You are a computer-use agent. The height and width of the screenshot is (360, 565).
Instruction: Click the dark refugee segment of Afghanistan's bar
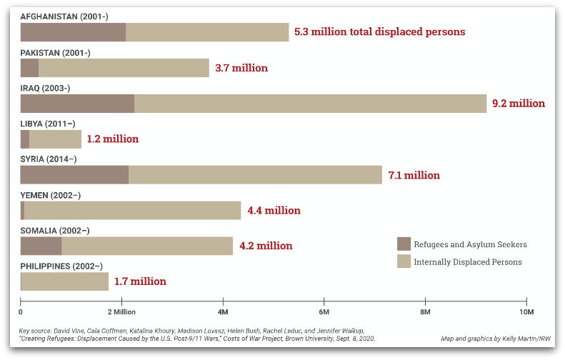[73, 32]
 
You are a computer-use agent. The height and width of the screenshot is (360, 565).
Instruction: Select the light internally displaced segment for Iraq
[310, 104]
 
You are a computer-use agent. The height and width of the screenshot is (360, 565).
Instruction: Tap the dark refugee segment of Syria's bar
[74, 175]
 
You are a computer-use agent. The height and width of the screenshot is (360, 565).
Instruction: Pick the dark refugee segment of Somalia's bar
[41, 246]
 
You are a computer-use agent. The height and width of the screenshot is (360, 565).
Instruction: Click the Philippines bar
[64, 281]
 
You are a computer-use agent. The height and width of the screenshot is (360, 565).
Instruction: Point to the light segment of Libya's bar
[55, 139]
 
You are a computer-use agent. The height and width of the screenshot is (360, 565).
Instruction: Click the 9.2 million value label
[519, 104]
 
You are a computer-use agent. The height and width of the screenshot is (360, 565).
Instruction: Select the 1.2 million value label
[112, 139]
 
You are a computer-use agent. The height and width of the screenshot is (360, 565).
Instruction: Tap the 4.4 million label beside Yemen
[274, 211]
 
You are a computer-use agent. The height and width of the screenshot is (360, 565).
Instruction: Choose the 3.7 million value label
[241, 69]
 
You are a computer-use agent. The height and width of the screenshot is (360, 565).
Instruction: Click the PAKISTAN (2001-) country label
[55, 53]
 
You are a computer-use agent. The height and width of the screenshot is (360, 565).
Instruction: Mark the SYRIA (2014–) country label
[48, 159]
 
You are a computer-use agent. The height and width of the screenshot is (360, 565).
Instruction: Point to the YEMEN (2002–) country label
[50, 195]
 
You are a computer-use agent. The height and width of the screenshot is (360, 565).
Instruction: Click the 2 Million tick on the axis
[121, 313]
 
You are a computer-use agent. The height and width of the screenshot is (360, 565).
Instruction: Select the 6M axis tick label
[324, 313]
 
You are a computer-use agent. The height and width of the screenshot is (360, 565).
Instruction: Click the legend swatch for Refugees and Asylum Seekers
[404, 244]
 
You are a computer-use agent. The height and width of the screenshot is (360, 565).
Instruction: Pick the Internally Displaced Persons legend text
[468, 262]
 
